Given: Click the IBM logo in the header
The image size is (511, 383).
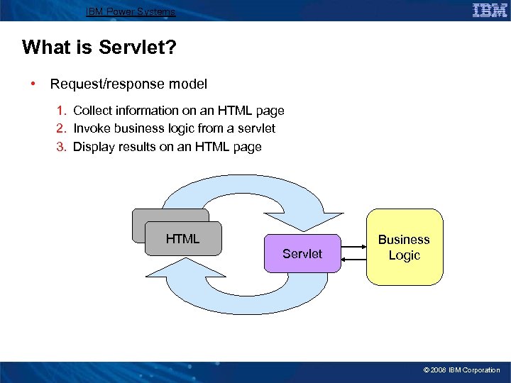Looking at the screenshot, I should pos(489,10).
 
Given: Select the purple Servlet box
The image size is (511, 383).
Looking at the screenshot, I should pos(302,253).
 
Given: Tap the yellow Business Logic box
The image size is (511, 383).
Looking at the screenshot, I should pos(404,248).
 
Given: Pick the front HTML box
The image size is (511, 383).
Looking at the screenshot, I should pos(183,239).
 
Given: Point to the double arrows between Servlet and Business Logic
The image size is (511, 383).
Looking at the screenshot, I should pos(353,254).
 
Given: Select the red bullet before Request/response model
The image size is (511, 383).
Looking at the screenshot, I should pos(33,84).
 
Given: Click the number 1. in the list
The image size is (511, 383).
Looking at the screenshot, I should pos(62,111).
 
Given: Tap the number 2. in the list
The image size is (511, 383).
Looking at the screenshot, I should pos(62,129).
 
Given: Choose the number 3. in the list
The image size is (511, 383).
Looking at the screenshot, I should pos(62,148).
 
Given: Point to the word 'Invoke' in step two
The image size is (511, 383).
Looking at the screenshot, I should pos(92,129).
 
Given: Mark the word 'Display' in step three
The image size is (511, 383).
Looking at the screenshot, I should pos(95,148).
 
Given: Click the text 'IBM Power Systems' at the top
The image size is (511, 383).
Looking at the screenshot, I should pos(130,11).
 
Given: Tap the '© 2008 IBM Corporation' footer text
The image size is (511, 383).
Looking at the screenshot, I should pos(461,370).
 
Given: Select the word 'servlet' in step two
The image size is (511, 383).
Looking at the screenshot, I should pos(256,129).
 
